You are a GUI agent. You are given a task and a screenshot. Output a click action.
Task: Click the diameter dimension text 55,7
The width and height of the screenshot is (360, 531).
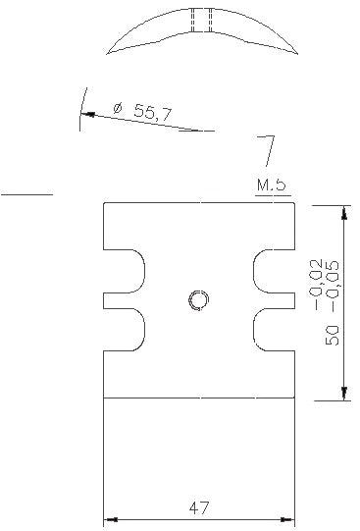click(x=153, y=114)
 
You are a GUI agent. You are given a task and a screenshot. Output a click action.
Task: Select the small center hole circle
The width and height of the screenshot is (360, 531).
click(x=198, y=299)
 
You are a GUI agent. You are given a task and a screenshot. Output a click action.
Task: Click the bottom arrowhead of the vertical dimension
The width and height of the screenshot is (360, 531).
click(x=344, y=392)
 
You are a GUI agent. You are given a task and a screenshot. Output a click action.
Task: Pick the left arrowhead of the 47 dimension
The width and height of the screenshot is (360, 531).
click(x=109, y=519)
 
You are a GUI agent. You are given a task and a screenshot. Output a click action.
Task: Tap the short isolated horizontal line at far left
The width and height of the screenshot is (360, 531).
click(x=26, y=195)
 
